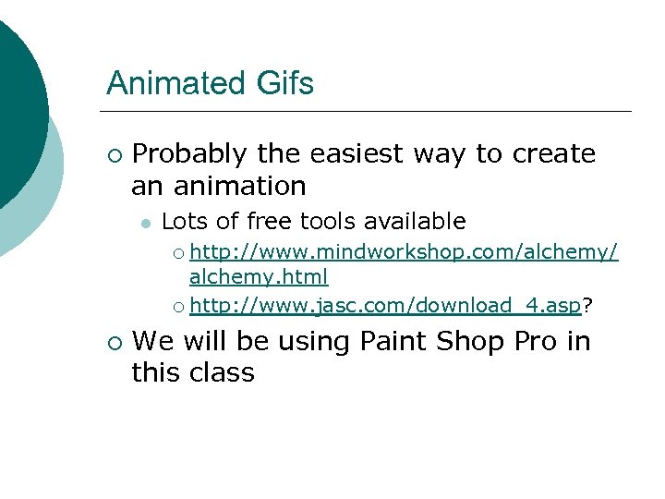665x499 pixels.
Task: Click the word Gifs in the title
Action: pyautogui.click(x=284, y=84)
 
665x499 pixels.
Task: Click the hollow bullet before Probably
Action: pyautogui.click(x=114, y=154)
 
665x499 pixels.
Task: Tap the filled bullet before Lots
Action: pyautogui.click(x=145, y=223)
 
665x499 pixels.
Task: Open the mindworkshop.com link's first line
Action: pyautogui.click(x=404, y=253)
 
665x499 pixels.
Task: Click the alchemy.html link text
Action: pyautogui.click(x=259, y=276)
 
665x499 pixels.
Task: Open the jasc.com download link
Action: pyautogui.click(x=386, y=305)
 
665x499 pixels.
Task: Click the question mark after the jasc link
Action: pyautogui.click(x=588, y=305)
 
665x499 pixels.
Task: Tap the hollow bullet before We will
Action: pyautogui.click(x=114, y=343)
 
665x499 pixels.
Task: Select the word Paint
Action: pyautogui.click(x=390, y=342)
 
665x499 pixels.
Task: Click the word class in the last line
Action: pyautogui.click(x=222, y=373)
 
